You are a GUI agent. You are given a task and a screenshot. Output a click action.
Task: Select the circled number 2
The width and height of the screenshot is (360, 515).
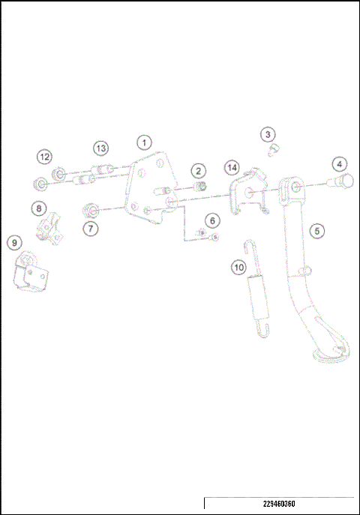198,171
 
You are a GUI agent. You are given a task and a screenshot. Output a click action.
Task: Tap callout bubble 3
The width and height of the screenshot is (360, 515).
268,134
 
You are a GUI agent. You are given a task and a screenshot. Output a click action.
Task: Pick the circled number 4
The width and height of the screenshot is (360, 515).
339,163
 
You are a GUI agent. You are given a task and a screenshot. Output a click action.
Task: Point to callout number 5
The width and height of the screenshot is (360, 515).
318,231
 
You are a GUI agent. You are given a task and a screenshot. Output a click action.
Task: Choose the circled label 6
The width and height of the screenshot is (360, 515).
212,220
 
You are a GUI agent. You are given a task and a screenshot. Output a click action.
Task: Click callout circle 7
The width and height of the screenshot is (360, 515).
90,227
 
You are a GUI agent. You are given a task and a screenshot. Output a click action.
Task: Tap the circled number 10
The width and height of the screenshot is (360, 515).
238,267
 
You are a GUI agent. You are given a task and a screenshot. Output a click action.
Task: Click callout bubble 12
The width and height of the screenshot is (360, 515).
45,157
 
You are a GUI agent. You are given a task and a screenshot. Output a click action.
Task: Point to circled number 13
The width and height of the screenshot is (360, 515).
100,147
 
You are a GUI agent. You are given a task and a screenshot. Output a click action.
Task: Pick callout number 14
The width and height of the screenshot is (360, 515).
232,166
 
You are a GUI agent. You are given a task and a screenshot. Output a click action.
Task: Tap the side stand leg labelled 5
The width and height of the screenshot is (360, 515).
307,285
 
